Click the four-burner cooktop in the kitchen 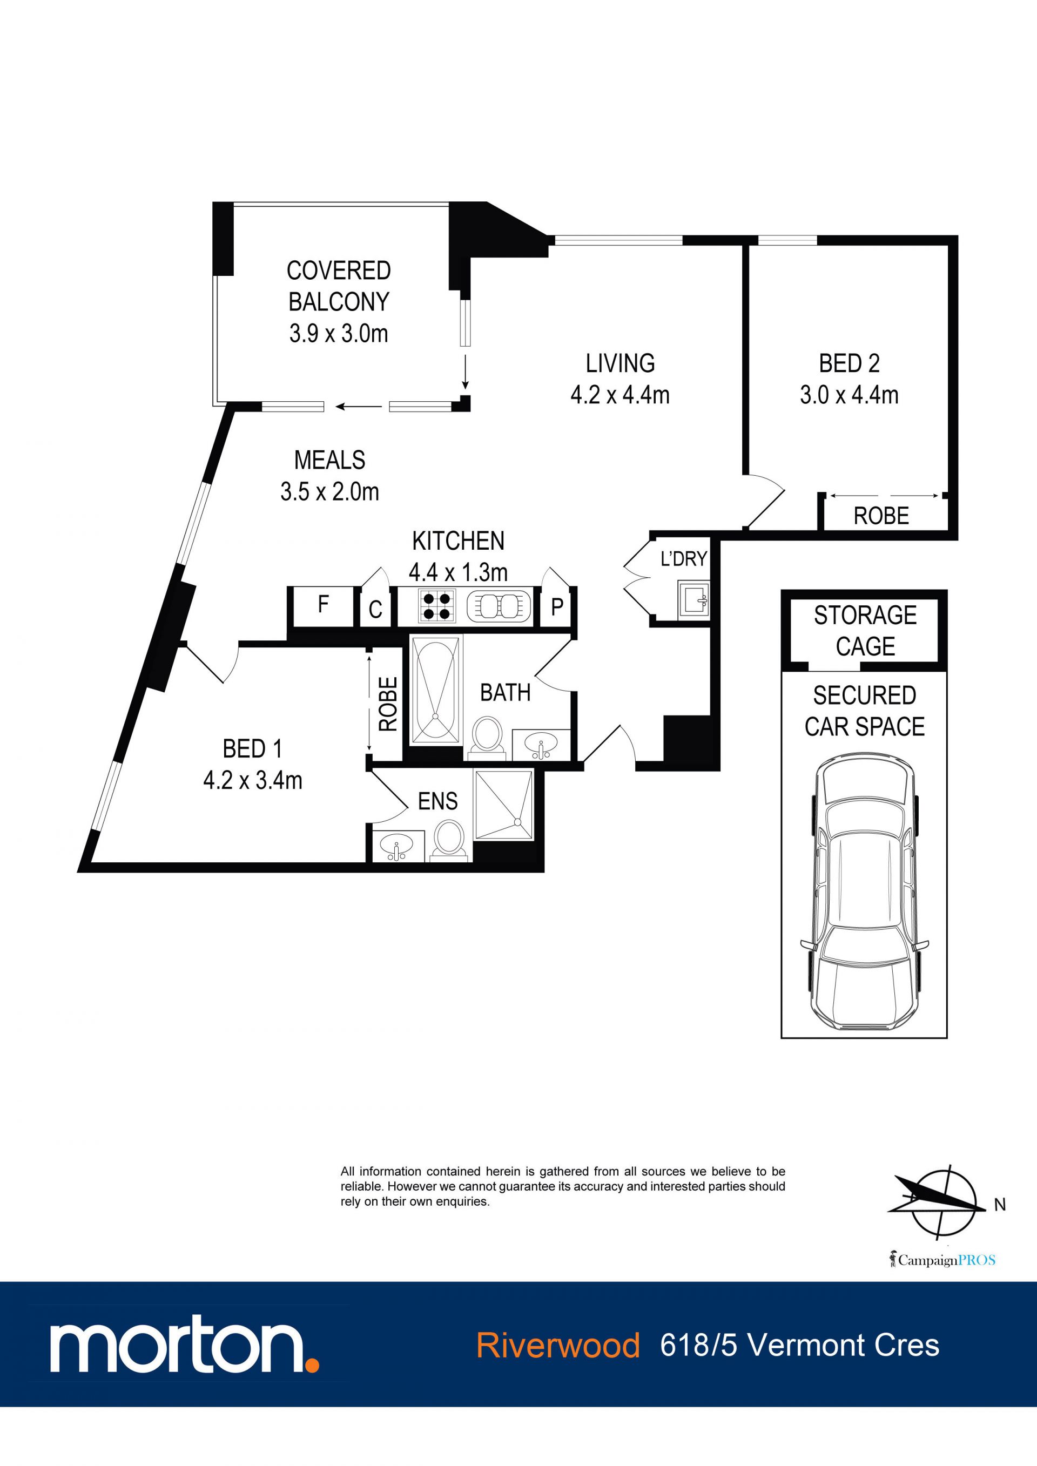437,606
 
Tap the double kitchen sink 499,606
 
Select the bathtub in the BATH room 435,690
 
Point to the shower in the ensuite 503,804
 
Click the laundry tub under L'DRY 693,599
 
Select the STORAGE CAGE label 865,631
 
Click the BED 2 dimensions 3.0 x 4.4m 849,395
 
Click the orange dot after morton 312,1365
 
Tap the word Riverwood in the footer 557,1346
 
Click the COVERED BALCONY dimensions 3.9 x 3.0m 339,333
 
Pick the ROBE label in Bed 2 881,516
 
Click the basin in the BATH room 541,745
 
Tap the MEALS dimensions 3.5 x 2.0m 329,492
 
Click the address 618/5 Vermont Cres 799,1346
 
